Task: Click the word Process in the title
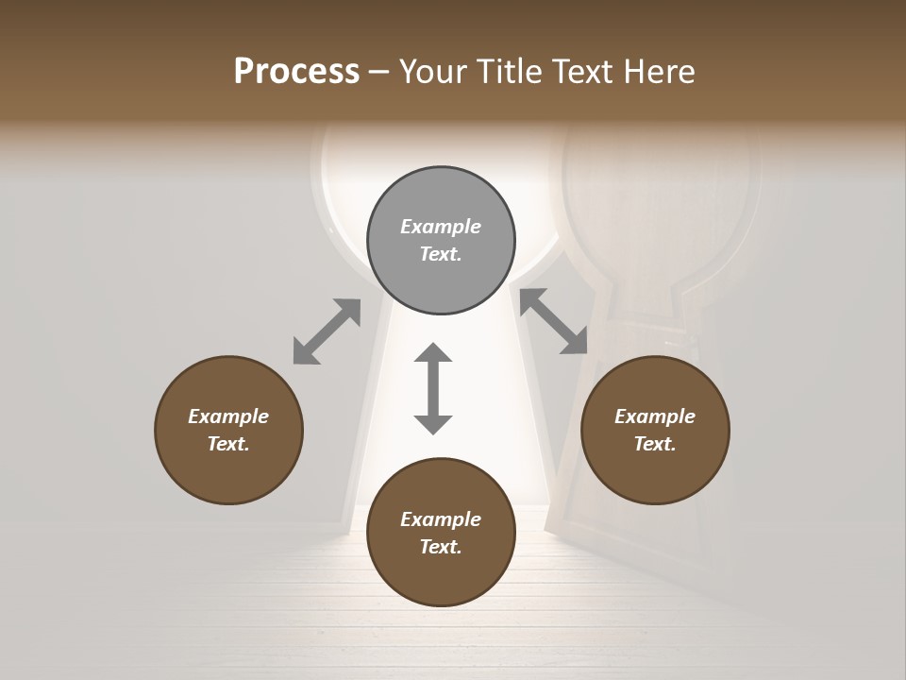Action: (296, 72)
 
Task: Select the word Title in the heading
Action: (512, 72)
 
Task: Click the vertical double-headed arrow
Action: (433, 389)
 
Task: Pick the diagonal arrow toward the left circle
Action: (327, 331)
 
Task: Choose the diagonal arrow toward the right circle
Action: (554, 321)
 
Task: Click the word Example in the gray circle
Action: (441, 227)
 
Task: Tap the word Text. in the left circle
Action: (228, 444)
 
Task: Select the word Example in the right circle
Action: (655, 416)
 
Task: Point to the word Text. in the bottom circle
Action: (441, 547)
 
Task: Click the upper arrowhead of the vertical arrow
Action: (433, 353)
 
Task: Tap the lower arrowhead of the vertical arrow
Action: (433, 423)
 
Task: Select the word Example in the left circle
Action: (228, 416)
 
